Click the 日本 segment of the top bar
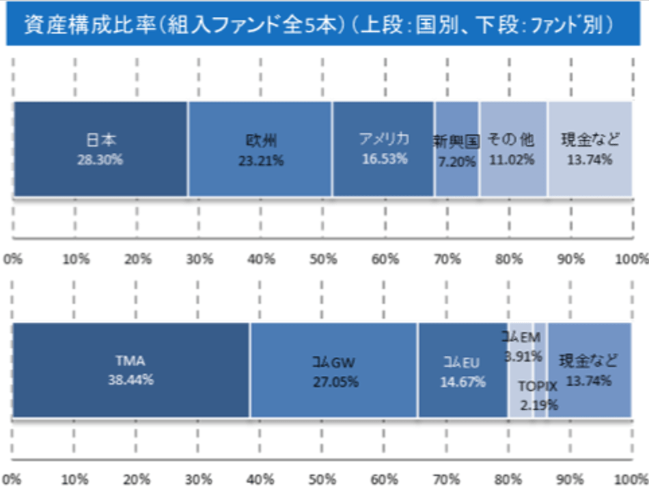100,149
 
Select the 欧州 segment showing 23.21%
260,149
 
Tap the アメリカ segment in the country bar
383,149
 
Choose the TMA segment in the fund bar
130,369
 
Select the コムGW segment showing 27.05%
333,369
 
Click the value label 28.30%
100,160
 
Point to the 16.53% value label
384,159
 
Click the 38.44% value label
130,380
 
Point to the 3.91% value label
523,356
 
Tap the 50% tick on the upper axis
323,259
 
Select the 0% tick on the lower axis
13,480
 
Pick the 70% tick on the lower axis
447,480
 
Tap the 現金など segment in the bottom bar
589,369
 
